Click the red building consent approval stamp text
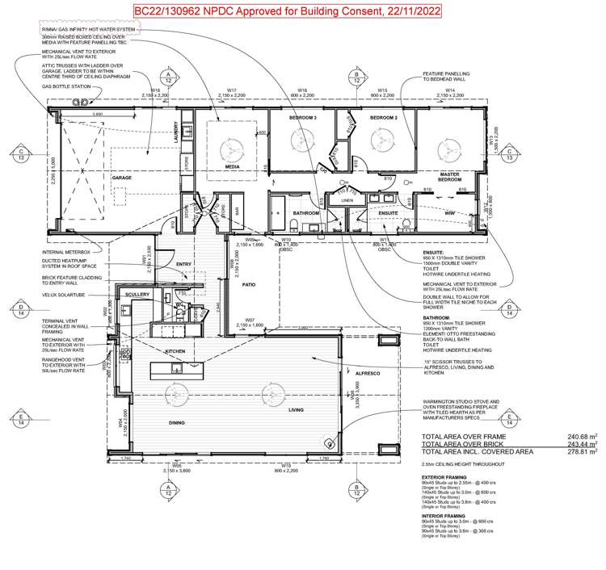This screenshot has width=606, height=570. pyautogui.click(x=302, y=13)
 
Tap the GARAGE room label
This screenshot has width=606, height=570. pyautogui.click(x=121, y=178)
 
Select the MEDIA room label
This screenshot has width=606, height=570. pyautogui.click(x=231, y=167)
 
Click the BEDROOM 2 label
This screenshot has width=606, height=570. pyautogui.click(x=381, y=119)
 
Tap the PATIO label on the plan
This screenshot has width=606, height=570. pyautogui.click(x=247, y=285)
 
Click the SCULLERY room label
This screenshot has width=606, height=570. pyautogui.click(x=139, y=295)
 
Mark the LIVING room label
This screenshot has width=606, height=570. pyautogui.click(x=300, y=410)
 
